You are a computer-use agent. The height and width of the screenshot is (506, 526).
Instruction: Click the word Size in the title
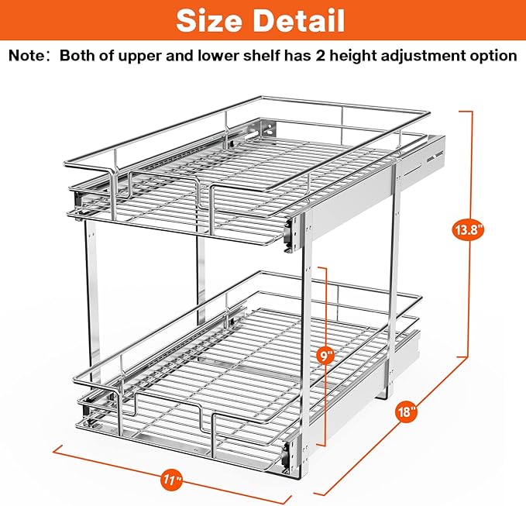click(x=211, y=20)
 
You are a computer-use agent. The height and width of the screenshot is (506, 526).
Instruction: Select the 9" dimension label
click(x=326, y=356)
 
